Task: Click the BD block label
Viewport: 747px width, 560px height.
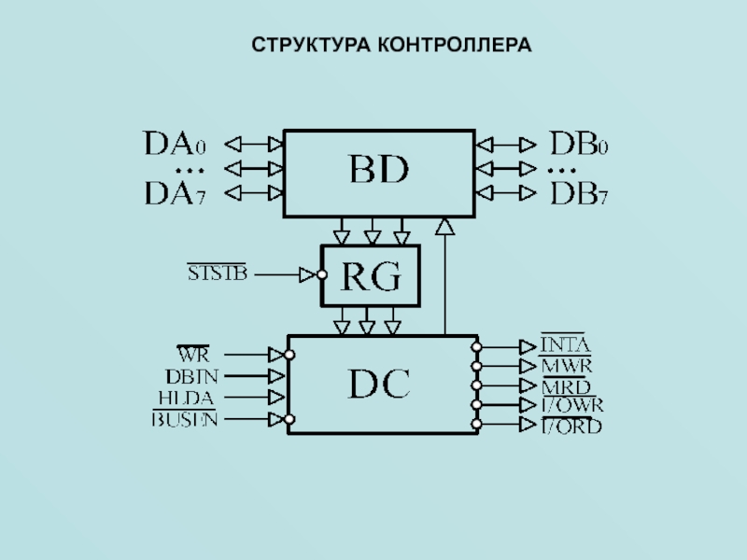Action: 379,172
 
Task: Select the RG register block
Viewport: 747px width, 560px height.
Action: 371,275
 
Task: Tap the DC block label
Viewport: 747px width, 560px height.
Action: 379,384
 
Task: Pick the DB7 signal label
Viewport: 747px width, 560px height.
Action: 579,193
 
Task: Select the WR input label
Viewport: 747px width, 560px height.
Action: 193,355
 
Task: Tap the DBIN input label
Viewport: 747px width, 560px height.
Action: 191,376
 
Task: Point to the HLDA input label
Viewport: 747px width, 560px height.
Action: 187,398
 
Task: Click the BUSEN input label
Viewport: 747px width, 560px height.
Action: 185,419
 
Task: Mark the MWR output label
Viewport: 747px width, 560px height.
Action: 567,366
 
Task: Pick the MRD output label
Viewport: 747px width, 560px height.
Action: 566,385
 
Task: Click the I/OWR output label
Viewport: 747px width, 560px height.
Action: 572,405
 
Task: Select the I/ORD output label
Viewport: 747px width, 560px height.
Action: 571,426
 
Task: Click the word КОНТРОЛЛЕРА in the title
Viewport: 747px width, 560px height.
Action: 455,44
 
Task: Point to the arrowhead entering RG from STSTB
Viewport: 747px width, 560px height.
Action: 307,274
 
